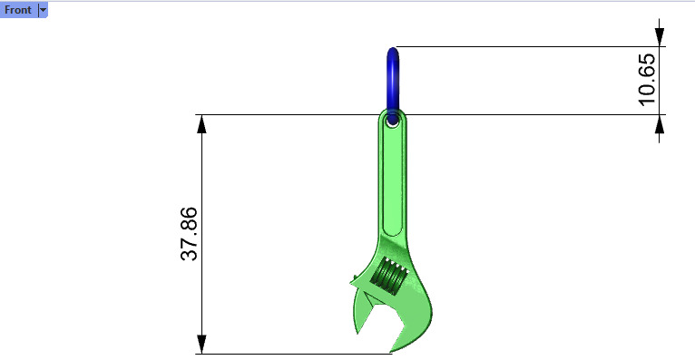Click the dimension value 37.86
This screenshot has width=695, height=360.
coord(189,234)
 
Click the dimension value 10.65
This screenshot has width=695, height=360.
coord(647,80)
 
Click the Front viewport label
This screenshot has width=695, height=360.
coord(18,10)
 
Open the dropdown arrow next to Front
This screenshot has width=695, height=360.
coord(43,10)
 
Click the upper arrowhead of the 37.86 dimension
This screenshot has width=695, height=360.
coord(201,124)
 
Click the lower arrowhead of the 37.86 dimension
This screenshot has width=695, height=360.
coord(201,344)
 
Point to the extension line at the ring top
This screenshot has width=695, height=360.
coord(526,47)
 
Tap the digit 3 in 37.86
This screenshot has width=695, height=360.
coord(189,255)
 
